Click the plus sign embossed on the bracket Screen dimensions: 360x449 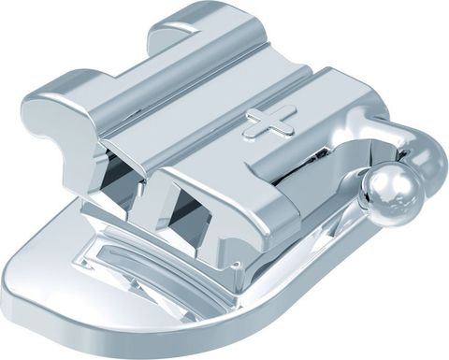point(270,121)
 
